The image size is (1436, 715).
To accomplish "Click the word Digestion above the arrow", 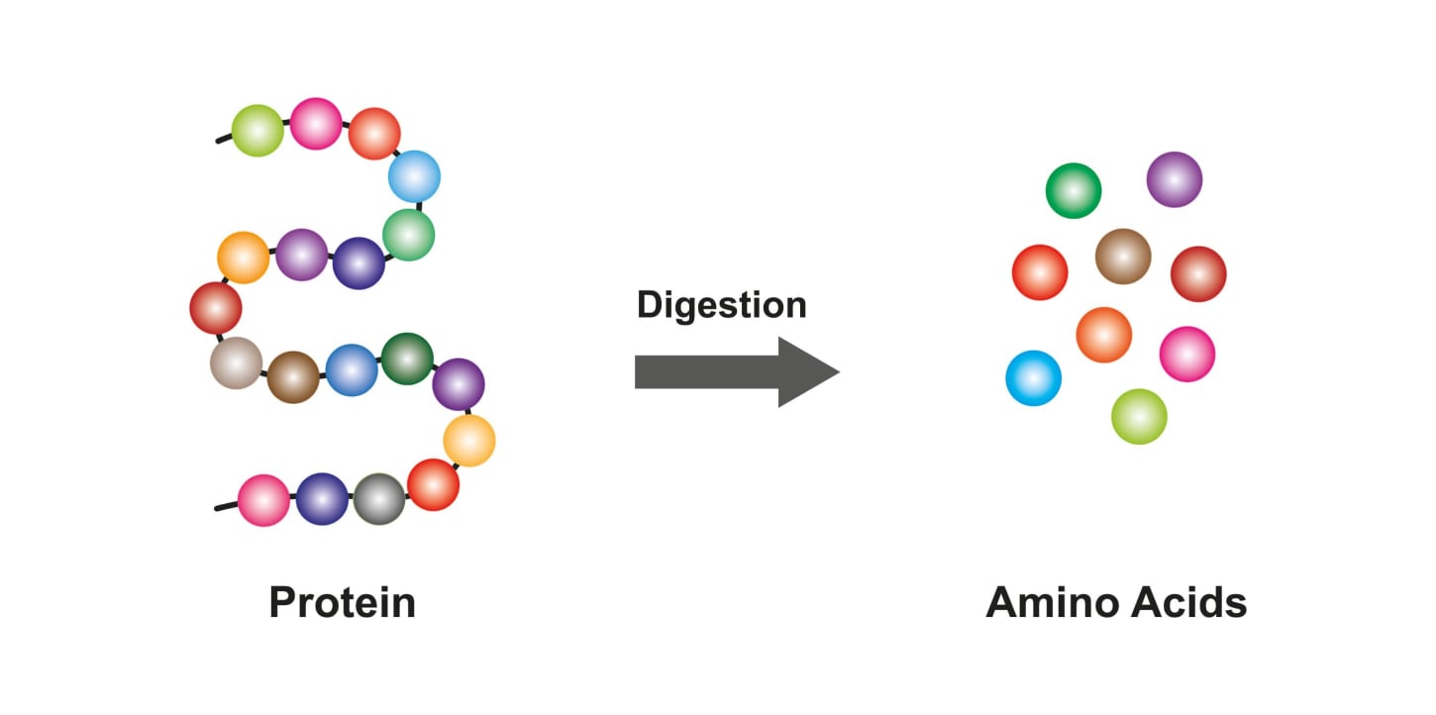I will [721, 305].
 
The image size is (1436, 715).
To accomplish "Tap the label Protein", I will [342, 602].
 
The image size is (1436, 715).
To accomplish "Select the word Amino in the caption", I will [1056, 602].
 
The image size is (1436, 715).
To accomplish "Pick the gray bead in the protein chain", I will [379, 499].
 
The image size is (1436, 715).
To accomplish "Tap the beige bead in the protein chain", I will [236, 362].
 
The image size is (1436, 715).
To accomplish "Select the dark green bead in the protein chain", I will [407, 358].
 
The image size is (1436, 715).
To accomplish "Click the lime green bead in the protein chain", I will [257, 131].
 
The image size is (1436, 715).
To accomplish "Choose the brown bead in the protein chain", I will [293, 376].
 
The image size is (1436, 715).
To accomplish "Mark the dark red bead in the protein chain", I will [216, 307].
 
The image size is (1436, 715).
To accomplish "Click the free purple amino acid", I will [1175, 179].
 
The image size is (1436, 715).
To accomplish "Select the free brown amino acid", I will [1123, 255].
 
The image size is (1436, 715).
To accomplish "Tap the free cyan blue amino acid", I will [1033, 378].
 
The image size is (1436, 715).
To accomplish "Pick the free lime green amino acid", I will [1139, 416].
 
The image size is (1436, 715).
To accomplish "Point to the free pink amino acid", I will [1186, 354].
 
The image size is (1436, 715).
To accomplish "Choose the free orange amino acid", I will [1103, 335].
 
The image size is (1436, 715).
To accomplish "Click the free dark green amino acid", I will [1074, 190].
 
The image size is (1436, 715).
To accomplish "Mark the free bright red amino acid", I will [1040, 272].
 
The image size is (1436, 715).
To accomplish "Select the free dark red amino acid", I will [1198, 273].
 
